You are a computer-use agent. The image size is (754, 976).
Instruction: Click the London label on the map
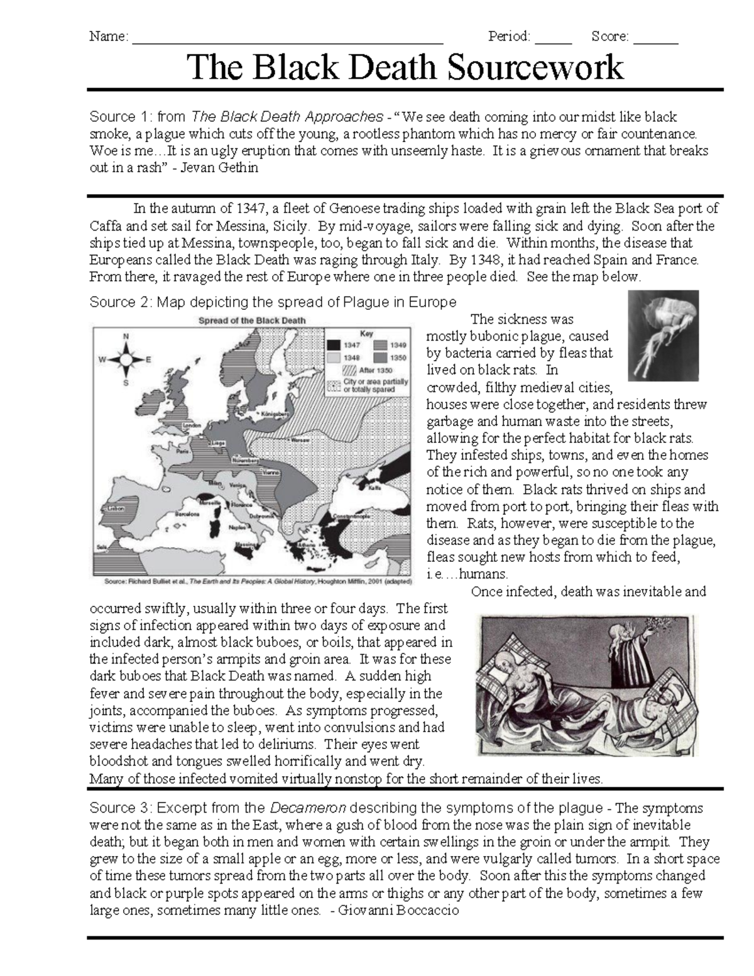191,425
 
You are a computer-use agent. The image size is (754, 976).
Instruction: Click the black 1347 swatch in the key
333,344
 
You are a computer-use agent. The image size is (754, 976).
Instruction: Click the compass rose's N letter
125,337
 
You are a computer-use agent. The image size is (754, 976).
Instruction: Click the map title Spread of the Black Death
252,320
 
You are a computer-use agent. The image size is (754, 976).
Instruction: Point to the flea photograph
663,335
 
